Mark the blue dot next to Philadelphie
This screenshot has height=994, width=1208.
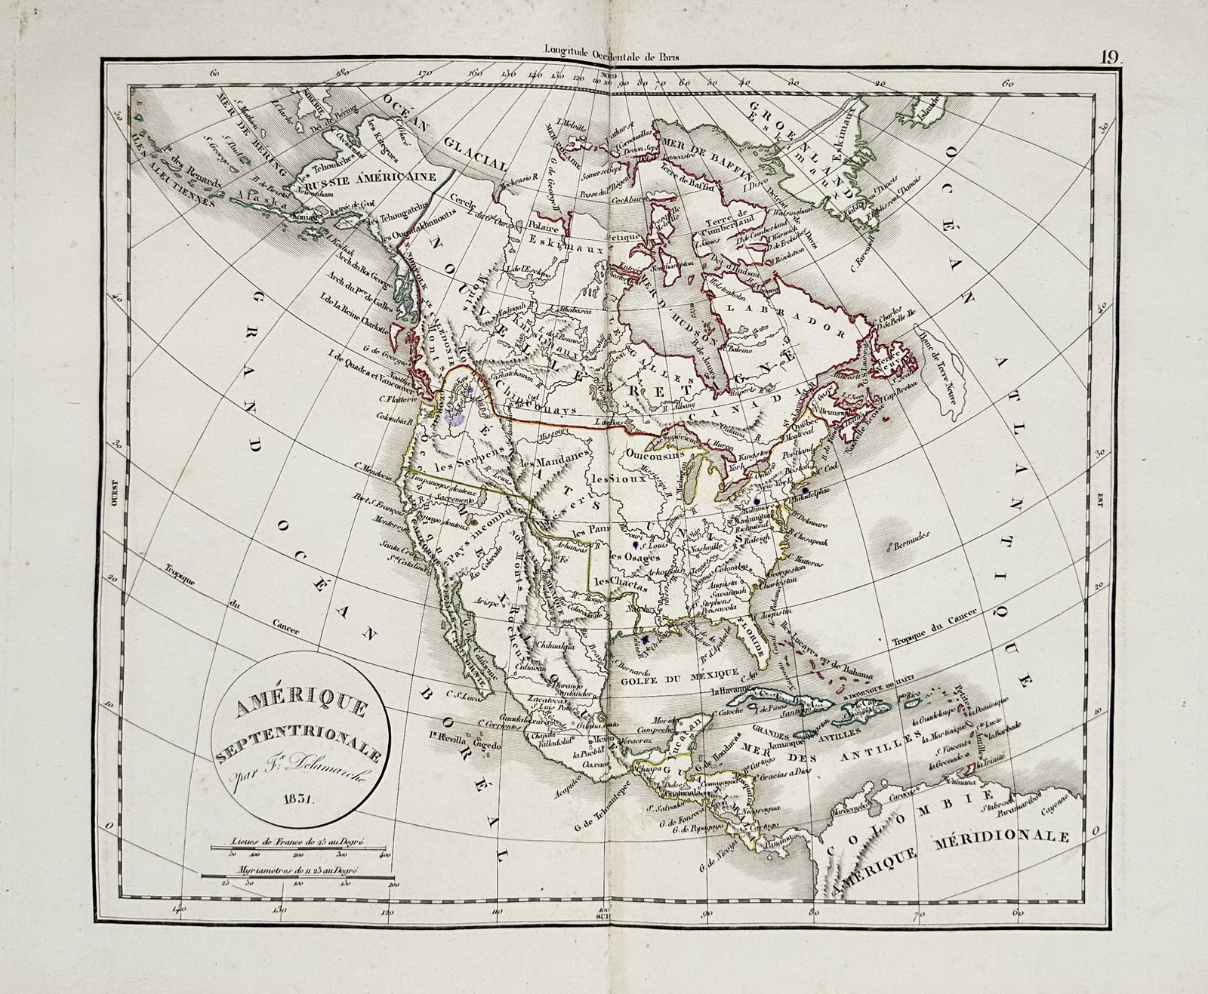coord(806,491)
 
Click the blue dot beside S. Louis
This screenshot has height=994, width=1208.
coord(636,543)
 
